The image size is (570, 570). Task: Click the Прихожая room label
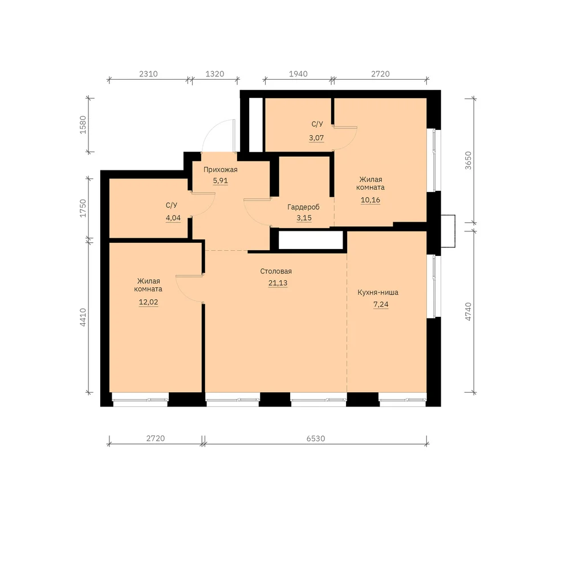coord(220,170)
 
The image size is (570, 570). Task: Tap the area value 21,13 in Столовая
coord(278,283)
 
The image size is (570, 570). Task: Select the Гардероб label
coord(304,207)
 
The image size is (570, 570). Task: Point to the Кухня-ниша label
coord(378,292)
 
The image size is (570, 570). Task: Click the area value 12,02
coord(148,302)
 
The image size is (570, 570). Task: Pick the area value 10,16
coord(370,200)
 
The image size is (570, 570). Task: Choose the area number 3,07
coord(316,138)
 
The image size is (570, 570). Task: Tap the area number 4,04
coord(173,218)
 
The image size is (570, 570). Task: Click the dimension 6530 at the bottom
coord(316,438)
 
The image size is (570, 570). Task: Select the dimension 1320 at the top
coord(215,74)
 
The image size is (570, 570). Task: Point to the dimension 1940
coord(298,74)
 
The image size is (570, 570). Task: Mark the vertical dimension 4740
coord(468,312)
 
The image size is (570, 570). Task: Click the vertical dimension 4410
coord(83,317)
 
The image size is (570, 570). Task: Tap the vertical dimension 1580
coord(83,125)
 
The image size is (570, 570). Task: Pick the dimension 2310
coord(148,74)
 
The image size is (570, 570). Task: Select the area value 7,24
coord(381,304)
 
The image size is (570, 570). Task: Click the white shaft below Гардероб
coord(311,240)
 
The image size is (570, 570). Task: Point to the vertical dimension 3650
coord(468,160)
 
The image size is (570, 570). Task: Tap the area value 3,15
coord(304,218)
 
